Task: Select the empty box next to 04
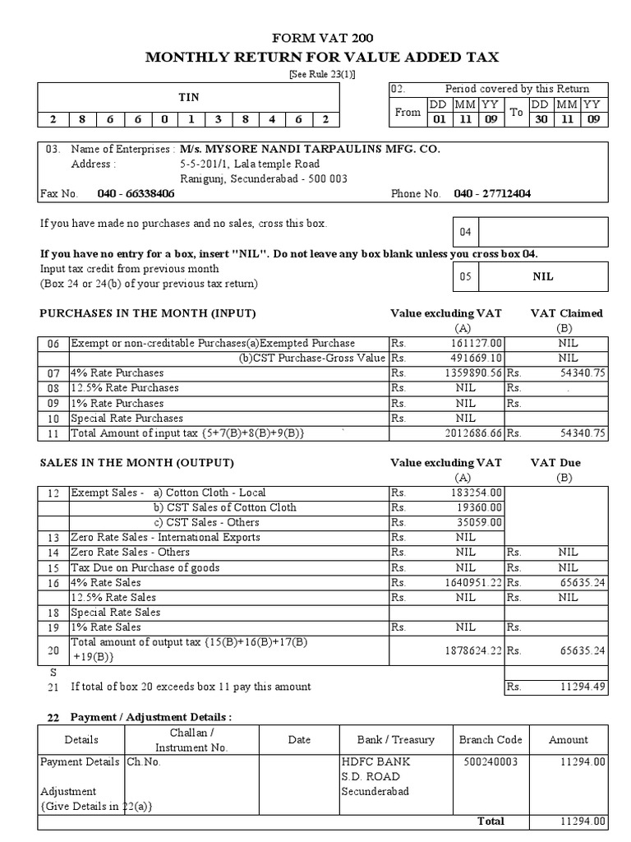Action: (x=543, y=232)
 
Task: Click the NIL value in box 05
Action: (x=543, y=276)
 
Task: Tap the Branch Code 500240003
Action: (x=490, y=762)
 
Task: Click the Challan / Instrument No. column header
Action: (x=191, y=740)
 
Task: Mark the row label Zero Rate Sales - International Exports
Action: (x=165, y=537)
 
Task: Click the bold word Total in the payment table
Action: (x=491, y=821)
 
